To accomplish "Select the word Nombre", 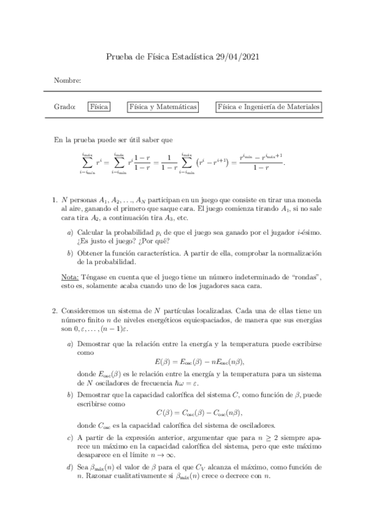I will pyautogui.click(x=67, y=81).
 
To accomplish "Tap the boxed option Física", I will pyautogui.click(x=99, y=106).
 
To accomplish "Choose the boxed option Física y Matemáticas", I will pyautogui.click(x=163, y=106).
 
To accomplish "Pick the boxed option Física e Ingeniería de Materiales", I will pyautogui.click(x=269, y=106).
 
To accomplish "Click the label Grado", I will pyautogui.click(x=64, y=106).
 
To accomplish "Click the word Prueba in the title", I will pyautogui.click(x=121, y=57).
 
